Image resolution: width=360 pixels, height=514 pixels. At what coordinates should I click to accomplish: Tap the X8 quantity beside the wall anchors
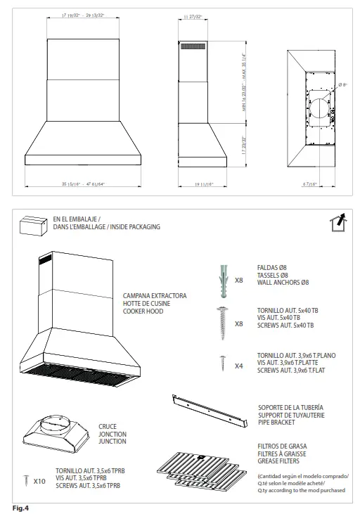[238, 280]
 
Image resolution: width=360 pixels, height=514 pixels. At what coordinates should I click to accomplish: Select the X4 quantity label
[238, 366]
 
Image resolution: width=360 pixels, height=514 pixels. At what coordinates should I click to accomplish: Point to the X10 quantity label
[39, 482]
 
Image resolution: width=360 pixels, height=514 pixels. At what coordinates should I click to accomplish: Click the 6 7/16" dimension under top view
[310, 184]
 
